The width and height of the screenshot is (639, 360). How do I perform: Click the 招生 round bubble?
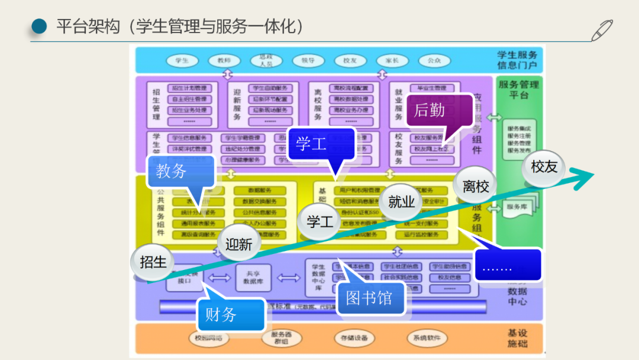pos(153,261)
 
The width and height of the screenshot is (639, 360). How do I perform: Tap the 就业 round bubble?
pos(402,201)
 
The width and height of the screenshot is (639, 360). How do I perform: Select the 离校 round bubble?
pos(476,187)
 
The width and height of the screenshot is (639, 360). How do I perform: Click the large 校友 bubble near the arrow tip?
pos(544,167)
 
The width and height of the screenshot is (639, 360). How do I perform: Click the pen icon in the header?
pos(602,30)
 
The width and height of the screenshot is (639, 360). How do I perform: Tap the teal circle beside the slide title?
pos(39,26)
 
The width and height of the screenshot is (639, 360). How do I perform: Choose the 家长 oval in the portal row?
pos(392,60)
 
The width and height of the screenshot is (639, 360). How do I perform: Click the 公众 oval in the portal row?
pos(434,60)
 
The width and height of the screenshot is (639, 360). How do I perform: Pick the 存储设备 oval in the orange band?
pos(354,338)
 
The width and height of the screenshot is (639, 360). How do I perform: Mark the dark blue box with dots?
pos(508,265)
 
